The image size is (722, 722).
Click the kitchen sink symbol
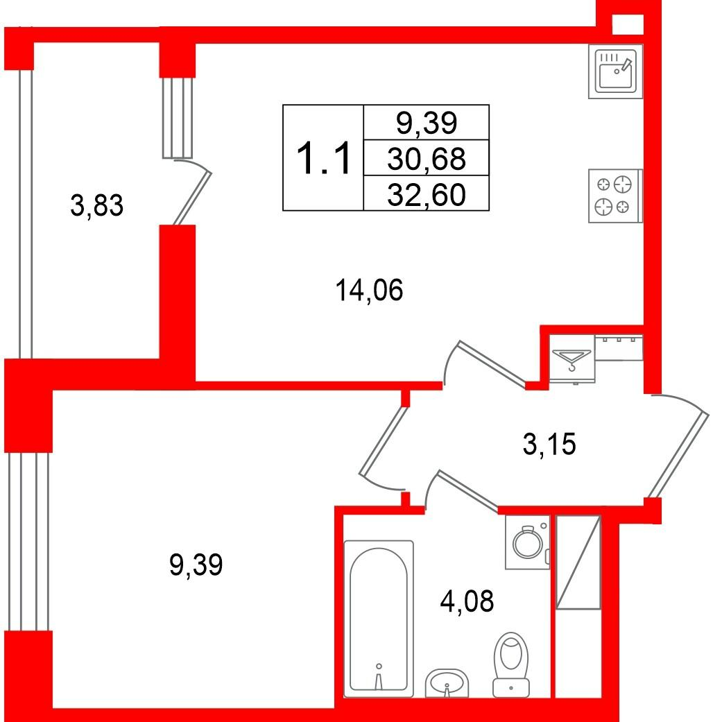tap(615, 71)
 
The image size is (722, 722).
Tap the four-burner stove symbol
tap(615, 196)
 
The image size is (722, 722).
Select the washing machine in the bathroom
tap(528, 542)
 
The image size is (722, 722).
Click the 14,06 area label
tap(369, 291)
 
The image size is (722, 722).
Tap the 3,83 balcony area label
tap(96, 205)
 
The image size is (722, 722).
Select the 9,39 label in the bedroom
tap(196, 565)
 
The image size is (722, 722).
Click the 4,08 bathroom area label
tap(467, 601)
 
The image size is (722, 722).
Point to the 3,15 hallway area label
tap(549, 445)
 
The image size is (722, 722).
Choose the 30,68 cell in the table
tap(427, 158)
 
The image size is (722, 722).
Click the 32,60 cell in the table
tap(427, 194)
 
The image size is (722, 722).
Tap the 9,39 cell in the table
tap(427, 123)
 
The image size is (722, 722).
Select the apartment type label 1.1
tap(323, 158)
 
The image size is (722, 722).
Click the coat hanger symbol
tap(572, 359)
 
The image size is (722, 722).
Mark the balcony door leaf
tap(193, 198)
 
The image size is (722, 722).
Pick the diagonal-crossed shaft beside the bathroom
tap(578, 562)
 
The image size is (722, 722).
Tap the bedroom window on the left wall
tap(28, 542)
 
